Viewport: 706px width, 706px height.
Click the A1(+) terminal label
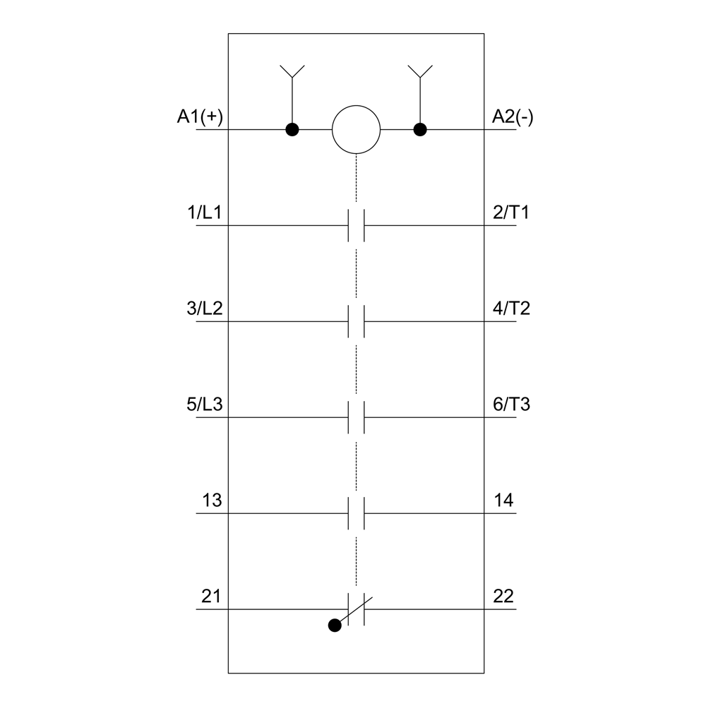[200, 116]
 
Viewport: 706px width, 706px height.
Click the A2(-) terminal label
[513, 116]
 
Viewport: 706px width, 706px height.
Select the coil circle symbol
[356, 130]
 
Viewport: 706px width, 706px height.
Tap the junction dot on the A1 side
[292, 130]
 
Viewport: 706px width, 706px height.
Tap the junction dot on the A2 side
[420, 130]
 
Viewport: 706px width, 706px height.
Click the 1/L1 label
[205, 213]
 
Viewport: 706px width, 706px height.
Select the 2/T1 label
[511, 213]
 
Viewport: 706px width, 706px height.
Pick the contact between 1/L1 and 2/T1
[356, 225]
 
